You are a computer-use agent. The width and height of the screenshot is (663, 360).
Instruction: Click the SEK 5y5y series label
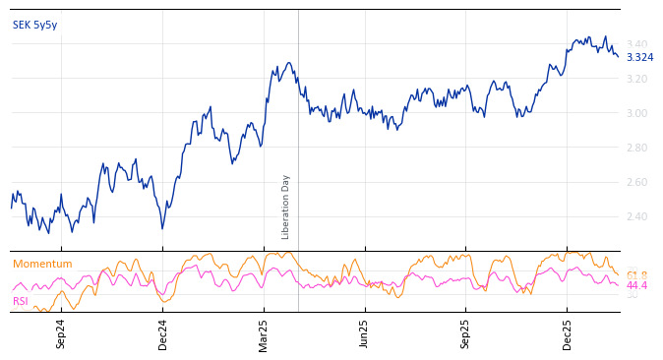point(35,25)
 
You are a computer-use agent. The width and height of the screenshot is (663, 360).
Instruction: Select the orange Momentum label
point(42,264)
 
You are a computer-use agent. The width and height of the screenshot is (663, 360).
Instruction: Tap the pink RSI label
point(21,301)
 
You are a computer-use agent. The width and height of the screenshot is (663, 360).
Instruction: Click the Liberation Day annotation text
point(286,207)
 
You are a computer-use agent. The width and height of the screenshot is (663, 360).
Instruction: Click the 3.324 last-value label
point(639,57)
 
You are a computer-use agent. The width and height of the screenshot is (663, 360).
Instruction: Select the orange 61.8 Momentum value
point(636,275)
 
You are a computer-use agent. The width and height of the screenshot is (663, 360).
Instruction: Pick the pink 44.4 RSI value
point(636,285)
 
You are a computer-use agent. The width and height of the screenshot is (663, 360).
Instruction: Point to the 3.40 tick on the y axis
point(636,44)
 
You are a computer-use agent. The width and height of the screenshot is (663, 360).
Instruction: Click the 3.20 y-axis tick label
point(636,79)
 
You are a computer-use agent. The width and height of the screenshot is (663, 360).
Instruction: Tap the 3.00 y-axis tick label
point(636,113)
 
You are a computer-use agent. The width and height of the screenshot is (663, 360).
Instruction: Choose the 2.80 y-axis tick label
point(636,148)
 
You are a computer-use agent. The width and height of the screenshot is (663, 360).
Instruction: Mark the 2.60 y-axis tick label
point(636,182)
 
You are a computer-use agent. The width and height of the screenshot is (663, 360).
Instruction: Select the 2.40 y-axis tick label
point(636,216)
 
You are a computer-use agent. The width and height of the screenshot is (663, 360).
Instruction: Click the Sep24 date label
point(61,333)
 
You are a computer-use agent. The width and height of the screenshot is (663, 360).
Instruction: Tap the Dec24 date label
point(162,333)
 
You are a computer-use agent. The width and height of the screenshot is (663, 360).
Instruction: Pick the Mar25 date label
point(264,333)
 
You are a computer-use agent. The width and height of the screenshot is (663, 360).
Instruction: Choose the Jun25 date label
point(365,333)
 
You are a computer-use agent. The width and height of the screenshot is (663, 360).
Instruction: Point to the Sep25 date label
point(466,333)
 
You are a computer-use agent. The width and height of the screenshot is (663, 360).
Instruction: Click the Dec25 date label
point(568,333)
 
